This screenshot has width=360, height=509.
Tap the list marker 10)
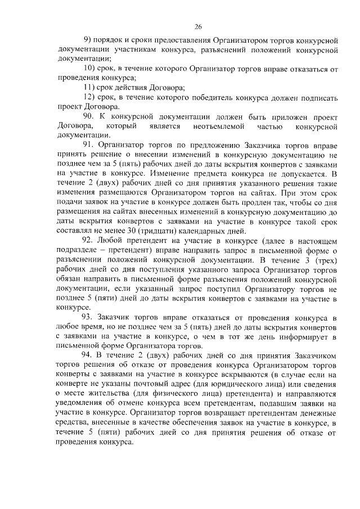click(90, 69)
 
